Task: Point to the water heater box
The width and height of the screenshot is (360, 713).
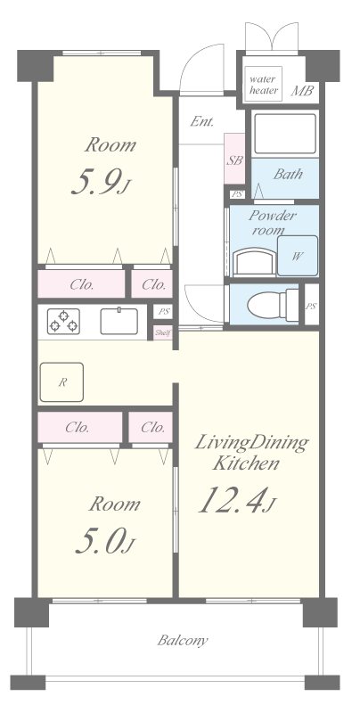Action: [x=264, y=85]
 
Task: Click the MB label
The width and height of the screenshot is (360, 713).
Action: [x=303, y=90]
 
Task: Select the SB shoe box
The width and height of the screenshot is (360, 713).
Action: [x=234, y=161]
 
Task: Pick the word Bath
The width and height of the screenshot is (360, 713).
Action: [x=287, y=174]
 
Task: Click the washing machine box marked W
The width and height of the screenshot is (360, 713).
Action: [x=295, y=256]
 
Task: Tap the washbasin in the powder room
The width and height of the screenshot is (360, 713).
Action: [x=253, y=261]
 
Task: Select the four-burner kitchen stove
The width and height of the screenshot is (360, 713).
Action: [x=61, y=320]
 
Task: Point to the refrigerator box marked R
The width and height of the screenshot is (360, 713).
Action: [x=61, y=382]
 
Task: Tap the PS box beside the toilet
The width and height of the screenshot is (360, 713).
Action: [x=311, y=306]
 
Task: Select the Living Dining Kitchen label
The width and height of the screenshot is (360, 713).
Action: [x=252, y=454]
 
